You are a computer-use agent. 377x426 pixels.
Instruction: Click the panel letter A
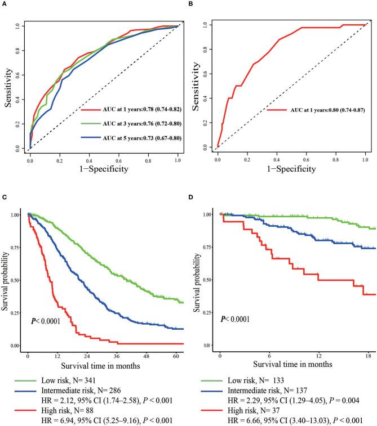(x=3, y=4)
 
